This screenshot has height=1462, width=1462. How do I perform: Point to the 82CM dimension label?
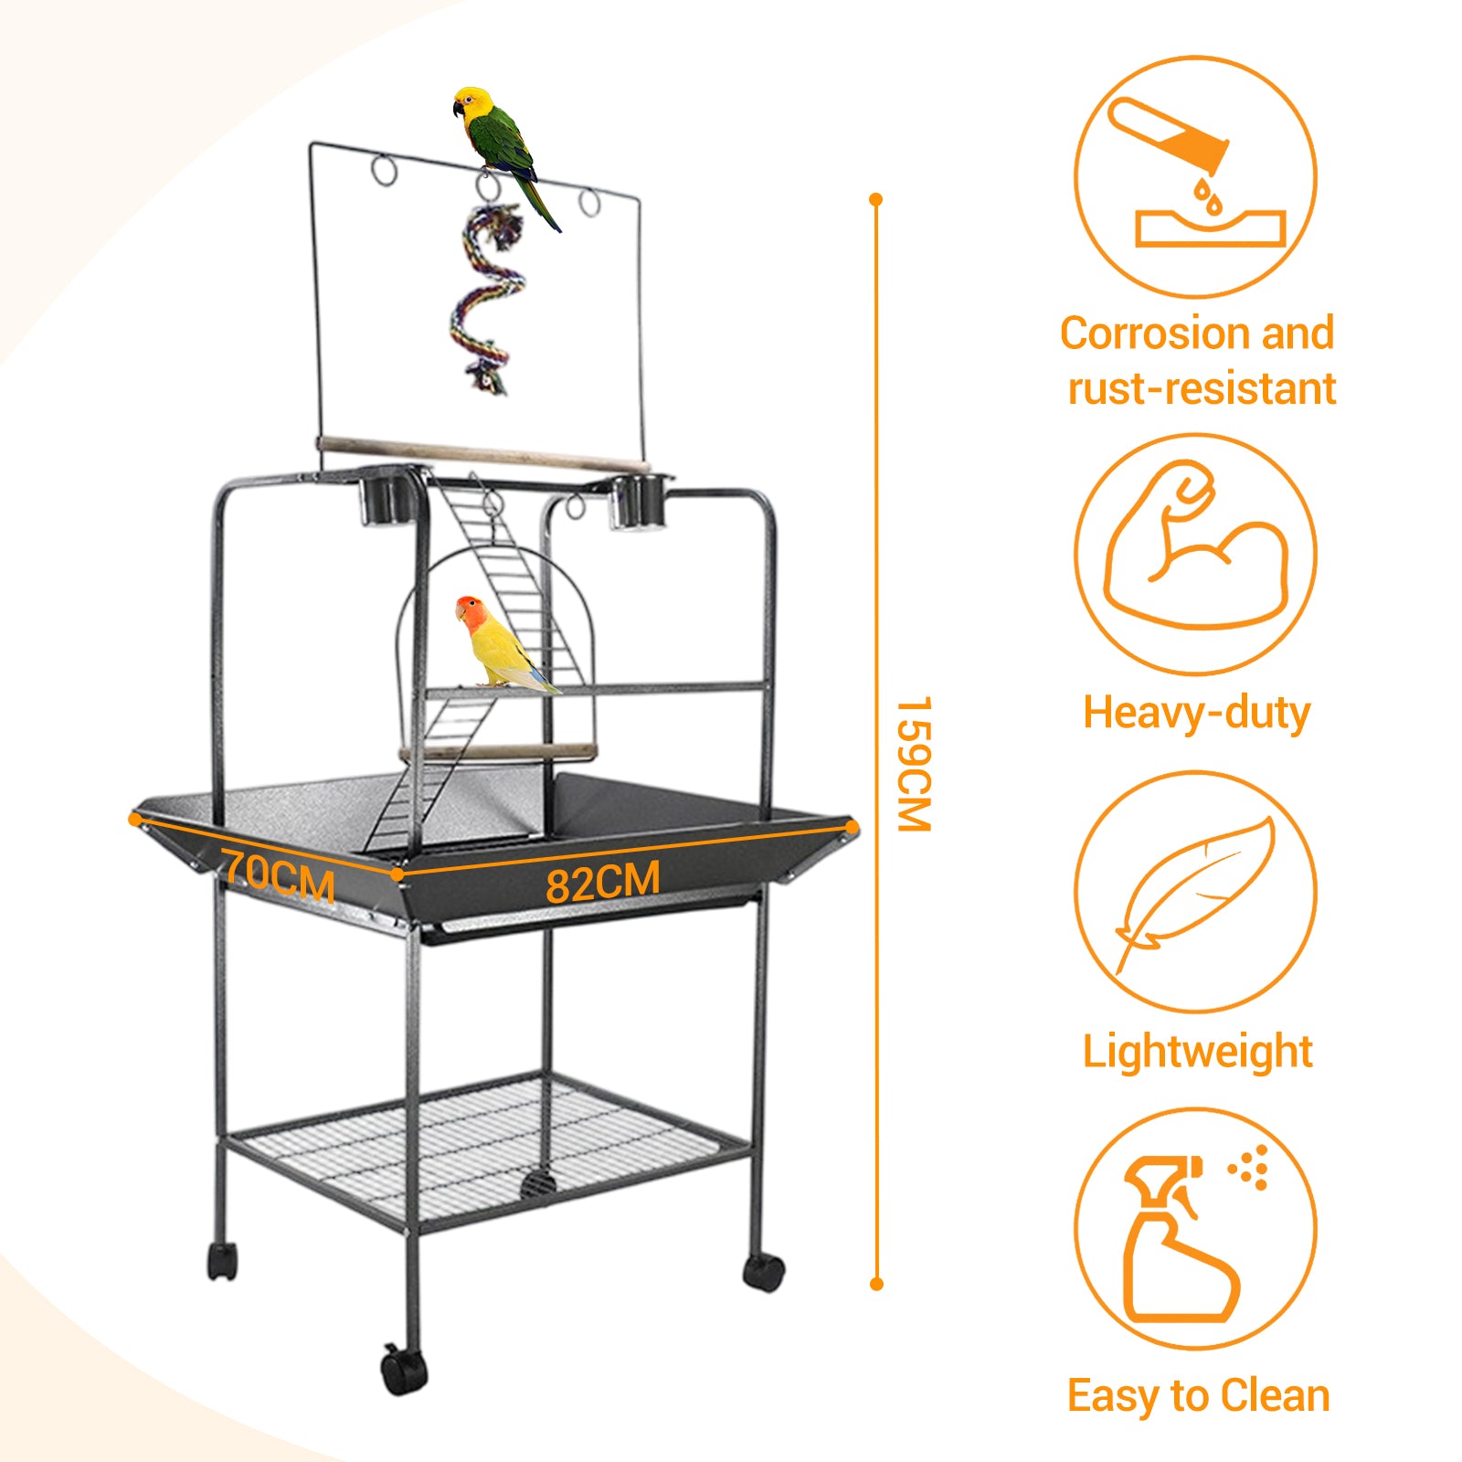[x=603, y=883]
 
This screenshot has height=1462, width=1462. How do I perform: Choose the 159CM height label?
[x=913, y=765]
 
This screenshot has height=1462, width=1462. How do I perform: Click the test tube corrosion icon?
[x=1196, y=175]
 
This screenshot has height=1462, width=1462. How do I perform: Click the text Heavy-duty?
[x=1196, y=714]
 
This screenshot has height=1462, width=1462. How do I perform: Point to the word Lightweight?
[x=1198, y=1053]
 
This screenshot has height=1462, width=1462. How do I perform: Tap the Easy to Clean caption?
[x=1198, y=1395]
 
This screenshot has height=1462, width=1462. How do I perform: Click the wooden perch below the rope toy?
[x=484, y=454]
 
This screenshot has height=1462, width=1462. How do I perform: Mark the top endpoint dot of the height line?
[x=876, y=199]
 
